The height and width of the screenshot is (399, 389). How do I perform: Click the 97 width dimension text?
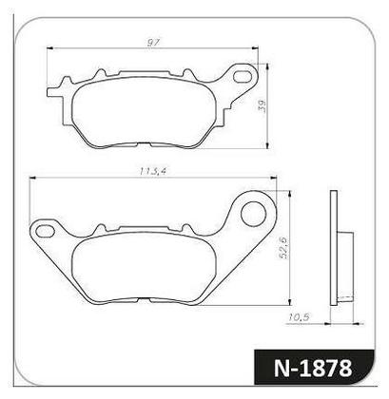point(153,44)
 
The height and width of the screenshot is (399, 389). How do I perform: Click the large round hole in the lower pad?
point(255,213)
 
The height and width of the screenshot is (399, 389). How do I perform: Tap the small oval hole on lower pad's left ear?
point(43,229)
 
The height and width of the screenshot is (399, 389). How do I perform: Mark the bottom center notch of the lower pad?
point(158,300)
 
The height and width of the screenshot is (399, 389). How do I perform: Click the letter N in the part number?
point(282,366)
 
